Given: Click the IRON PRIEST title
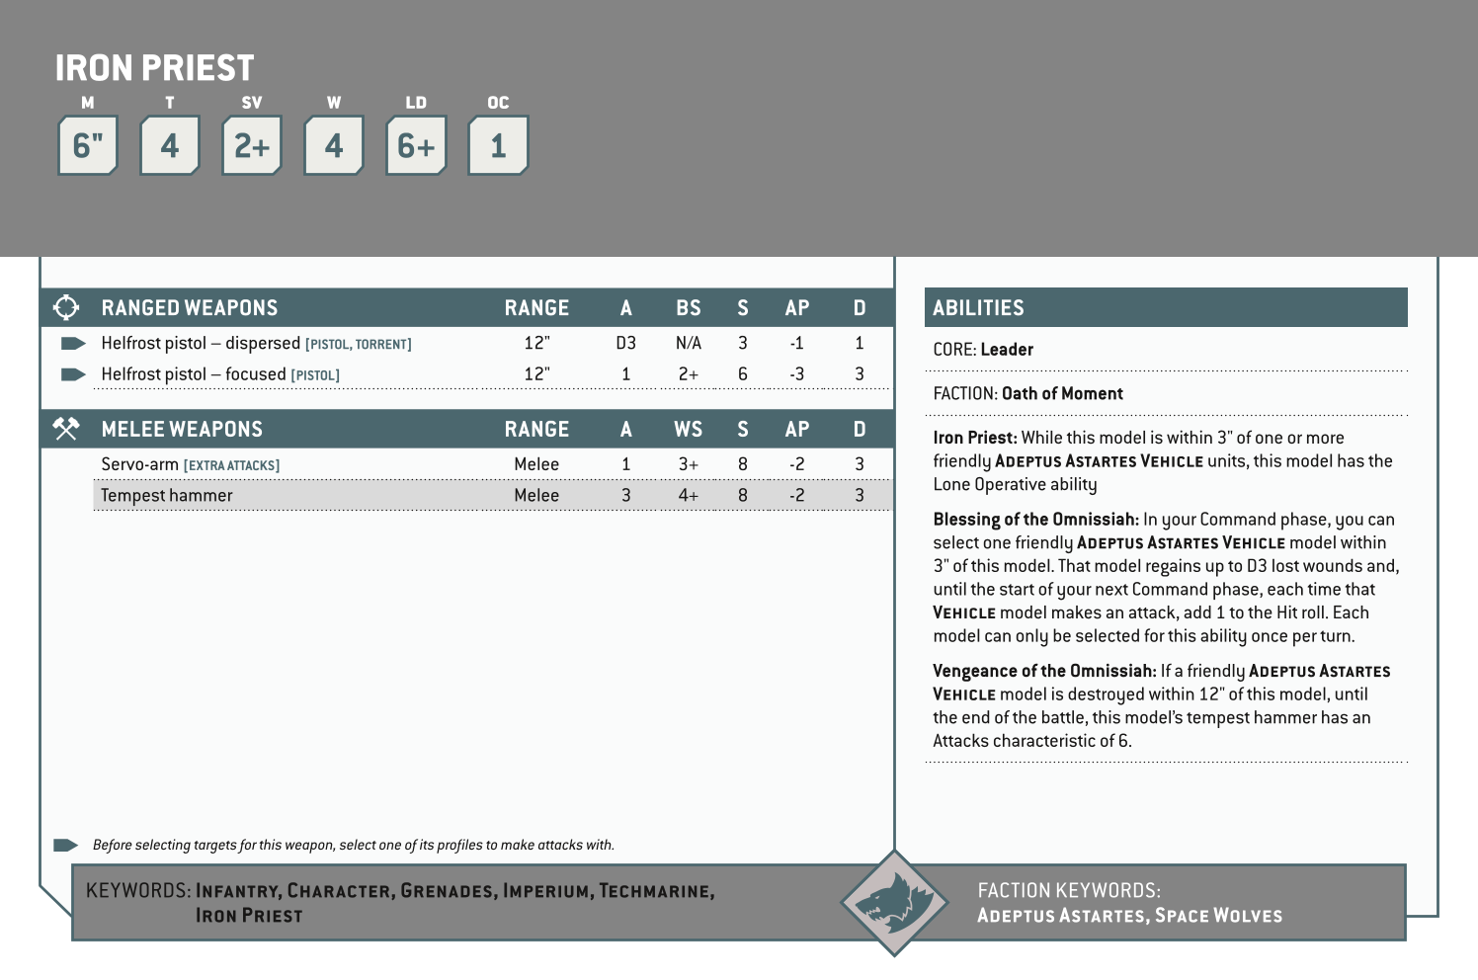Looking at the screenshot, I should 154,68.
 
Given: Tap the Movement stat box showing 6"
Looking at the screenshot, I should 88,146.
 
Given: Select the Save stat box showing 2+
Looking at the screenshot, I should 252,146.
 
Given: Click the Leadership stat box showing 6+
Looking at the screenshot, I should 416,146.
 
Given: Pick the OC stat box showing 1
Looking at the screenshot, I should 498,146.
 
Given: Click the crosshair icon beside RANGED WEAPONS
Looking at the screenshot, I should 66,308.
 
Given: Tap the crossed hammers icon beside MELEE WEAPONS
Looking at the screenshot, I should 66,430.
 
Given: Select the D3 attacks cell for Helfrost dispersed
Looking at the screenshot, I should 625,344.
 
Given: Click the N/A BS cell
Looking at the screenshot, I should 689,344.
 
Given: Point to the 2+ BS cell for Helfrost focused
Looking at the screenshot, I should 689,374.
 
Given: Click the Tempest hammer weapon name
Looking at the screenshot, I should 167,496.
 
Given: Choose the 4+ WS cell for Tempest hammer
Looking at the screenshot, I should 689,496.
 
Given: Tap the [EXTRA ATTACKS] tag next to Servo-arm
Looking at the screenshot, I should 231,465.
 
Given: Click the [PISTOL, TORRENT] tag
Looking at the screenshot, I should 358,345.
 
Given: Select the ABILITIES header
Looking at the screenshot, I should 978,308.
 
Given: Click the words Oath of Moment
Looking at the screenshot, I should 1062,394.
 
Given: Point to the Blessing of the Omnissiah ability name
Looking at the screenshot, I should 1035,520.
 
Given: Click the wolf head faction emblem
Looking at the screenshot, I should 893,903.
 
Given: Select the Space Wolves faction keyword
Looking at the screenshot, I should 1218,916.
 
